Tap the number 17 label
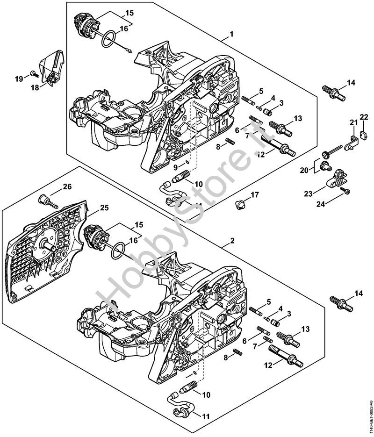click(x=254, y=194)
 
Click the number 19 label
click(x=19, y=79)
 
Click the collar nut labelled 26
click(x=45, y=200)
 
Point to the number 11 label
click(x=206, y=416)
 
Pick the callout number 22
click(x=364, y=116)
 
